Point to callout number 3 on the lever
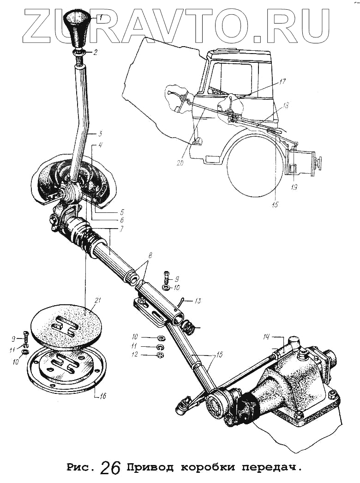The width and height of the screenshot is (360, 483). click(100, 134)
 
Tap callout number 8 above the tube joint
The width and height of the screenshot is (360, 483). click(150, 255)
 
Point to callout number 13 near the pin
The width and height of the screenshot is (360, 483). click(198, 301)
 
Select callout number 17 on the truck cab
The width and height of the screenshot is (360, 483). click(282, 81)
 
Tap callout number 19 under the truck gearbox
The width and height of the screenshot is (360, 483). click(294, 187)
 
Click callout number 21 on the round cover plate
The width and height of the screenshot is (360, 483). click(97, 301)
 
